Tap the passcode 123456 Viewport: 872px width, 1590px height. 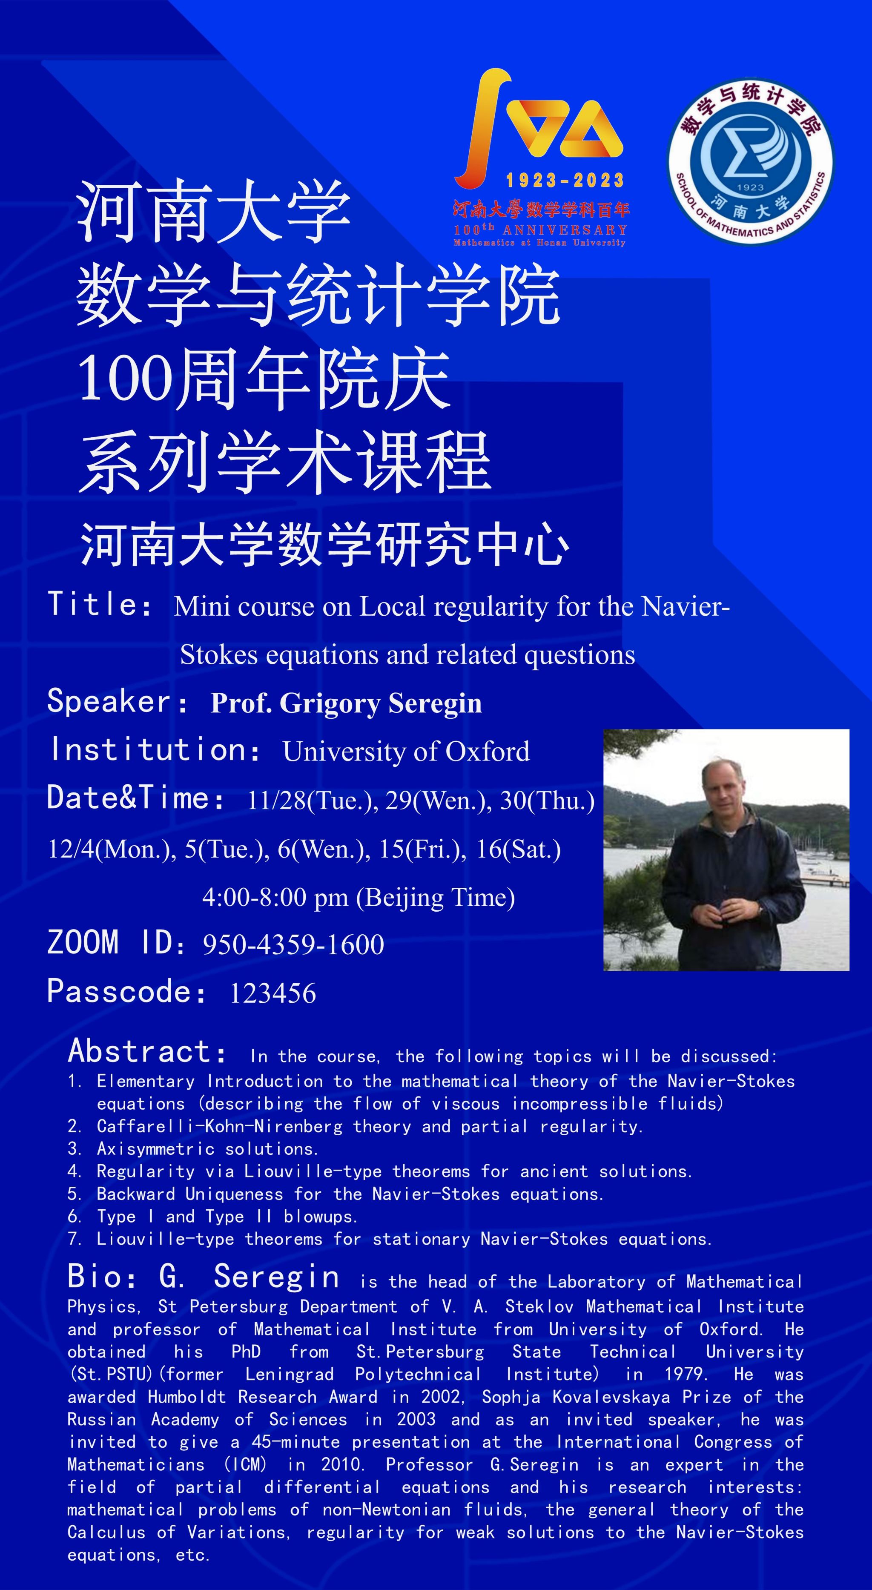(273, 993)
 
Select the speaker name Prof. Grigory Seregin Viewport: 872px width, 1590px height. (346, 703)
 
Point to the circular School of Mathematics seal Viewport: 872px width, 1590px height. (750, 161)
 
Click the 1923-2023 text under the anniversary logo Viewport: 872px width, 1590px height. (565, 180)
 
